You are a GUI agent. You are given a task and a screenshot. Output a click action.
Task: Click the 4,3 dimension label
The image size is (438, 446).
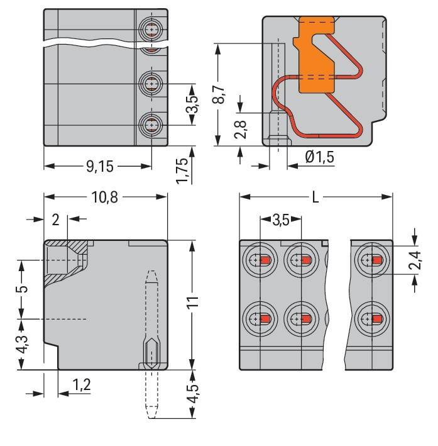(22, 344)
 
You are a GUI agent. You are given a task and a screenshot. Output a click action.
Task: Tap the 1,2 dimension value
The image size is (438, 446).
(79, 385)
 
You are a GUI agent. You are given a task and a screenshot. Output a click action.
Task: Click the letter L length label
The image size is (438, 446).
(315, 197)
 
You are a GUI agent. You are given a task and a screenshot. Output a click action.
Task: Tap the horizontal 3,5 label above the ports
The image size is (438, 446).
(281, 220)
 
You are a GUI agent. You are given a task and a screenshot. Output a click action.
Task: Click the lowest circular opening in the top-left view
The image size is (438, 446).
(151, 125)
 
